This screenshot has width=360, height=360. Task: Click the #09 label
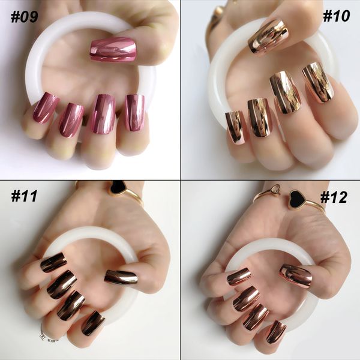coord(24,17)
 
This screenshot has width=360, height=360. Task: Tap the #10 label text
coord(336,16)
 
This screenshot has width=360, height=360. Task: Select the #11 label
coord(24,196)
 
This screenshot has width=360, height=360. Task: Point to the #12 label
coord(334,197)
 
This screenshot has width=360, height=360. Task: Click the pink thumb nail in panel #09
coord(113,50)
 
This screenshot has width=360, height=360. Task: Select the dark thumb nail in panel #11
coord(121,277)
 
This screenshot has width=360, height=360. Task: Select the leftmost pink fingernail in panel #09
coord(46,107)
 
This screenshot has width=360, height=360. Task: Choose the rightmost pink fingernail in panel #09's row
coord(134,113)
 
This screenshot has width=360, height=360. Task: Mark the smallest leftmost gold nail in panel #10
coord(235,128)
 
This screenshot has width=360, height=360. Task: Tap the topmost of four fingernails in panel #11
coord(53,262)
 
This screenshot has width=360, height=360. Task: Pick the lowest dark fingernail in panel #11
coord(93,323)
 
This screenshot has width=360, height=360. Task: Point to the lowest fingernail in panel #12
coord(277,331)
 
